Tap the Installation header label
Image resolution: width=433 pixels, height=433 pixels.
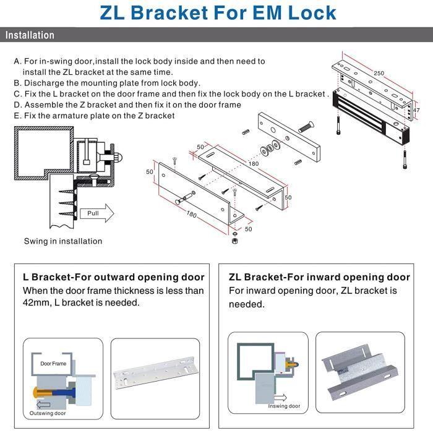click(x=30, y=35)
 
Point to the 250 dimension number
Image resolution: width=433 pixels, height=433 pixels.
click(x=379, y=72)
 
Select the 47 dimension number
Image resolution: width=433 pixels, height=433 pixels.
click(x=416, y=110)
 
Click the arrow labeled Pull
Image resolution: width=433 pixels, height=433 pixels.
click(x=96, y=213)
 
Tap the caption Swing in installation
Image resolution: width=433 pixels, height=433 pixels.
click(x=63, y=241)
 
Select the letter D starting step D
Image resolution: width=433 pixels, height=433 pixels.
click(x=17, y=105)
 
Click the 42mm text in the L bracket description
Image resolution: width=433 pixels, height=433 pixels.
click(x=38, y=302)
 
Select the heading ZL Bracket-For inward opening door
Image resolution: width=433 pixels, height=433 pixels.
click(x=319, y=277)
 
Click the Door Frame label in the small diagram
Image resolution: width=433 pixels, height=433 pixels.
click(x=53, y=364)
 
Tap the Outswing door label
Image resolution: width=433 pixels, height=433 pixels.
click(x=47, y=413)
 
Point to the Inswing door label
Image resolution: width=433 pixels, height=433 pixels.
click(x=284, y=406)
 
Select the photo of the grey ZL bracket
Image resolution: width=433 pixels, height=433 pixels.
click(x=364, y=372)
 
